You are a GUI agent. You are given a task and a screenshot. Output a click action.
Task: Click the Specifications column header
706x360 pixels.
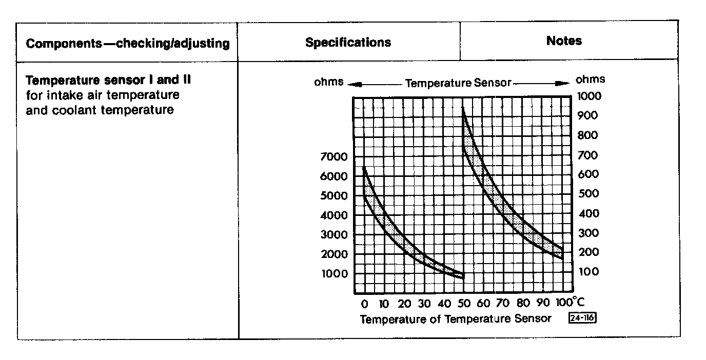coord(348,43)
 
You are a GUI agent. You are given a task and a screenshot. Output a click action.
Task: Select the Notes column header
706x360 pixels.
coord(564,41)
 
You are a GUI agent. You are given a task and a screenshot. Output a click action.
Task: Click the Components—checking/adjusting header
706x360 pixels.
coord(128,44)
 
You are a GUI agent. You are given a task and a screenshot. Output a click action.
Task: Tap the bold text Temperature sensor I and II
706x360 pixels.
coord(109,81)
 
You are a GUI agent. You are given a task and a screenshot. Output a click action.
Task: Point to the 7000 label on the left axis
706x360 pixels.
coord(334,156)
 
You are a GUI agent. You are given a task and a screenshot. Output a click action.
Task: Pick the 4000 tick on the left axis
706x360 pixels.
coord(334,215)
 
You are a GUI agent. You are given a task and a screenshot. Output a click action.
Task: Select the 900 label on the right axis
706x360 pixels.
coord(587,116)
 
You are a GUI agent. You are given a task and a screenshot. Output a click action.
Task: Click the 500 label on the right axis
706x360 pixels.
coord(587,194)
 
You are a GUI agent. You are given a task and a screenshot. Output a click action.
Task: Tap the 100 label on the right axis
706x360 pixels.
coord(587,272)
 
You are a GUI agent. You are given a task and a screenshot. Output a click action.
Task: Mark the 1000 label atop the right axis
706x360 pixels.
coord(589,96)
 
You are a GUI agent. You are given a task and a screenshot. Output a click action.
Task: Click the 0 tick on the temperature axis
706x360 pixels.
coord(365,304)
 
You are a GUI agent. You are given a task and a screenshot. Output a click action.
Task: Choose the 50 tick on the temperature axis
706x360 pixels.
coord(464,304)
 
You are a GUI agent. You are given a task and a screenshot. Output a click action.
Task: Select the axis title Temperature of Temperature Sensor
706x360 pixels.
coord(456,319)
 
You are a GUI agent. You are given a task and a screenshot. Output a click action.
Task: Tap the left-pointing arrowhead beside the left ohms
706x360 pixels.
coord(350,83)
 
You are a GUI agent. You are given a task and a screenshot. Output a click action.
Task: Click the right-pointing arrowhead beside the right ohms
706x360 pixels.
coord(565,83)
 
